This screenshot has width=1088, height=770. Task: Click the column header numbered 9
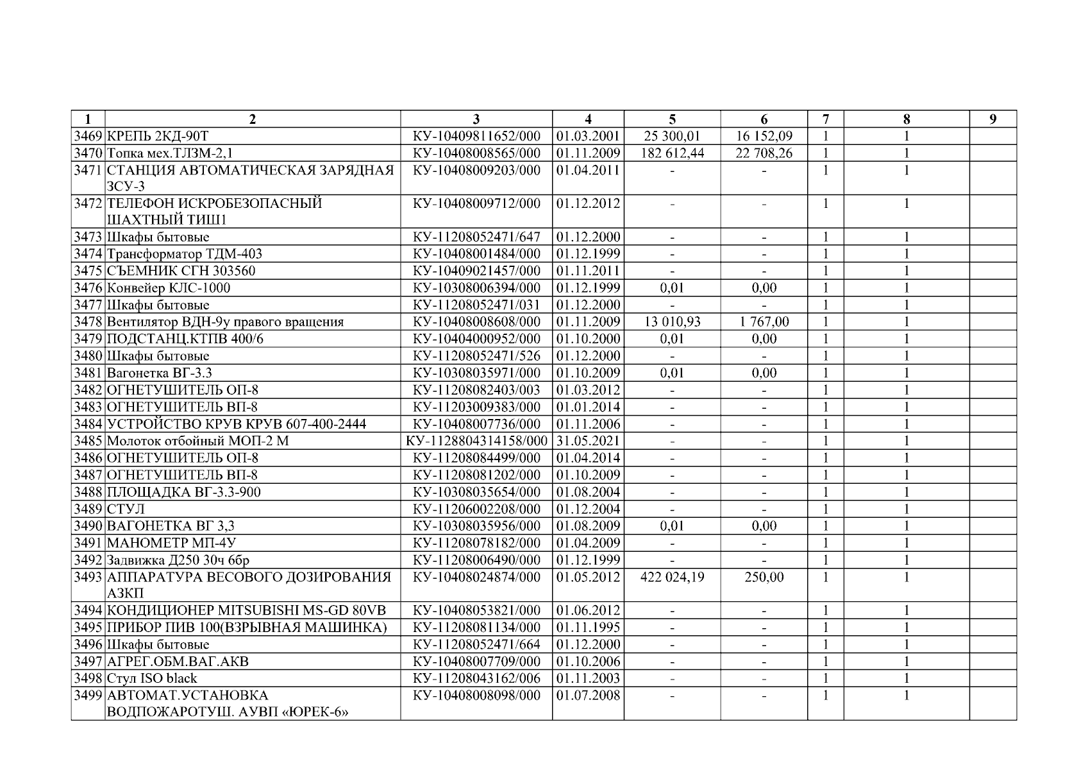coord(992,119)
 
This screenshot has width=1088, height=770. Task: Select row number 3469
coord(88,136)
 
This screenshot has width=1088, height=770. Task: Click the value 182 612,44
coord(672,153)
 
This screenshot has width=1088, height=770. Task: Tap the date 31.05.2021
coord(588,441)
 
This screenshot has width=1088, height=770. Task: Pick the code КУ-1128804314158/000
coord(476,441)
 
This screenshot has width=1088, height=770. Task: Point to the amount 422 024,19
coord(672,577)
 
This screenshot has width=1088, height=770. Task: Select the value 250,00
coord(764,577)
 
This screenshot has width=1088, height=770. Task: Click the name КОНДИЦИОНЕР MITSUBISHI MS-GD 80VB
coord(246,610)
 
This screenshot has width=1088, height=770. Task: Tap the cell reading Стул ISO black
coord(152,678)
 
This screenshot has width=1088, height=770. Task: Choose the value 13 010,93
coord(672,321)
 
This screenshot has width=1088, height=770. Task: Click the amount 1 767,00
coord(764,321)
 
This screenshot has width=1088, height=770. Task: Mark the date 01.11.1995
coord(588,627)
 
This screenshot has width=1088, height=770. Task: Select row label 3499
coord(88,696)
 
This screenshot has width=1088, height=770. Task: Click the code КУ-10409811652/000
coord(476,136)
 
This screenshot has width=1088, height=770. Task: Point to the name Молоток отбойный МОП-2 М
coord(193,441)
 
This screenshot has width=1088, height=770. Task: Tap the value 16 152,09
coord(764,136)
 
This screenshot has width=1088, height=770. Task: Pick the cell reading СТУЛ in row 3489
coord(126,509)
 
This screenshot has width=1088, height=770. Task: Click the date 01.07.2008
coord(588,696)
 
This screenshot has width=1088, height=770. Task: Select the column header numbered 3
coord(476,119)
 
